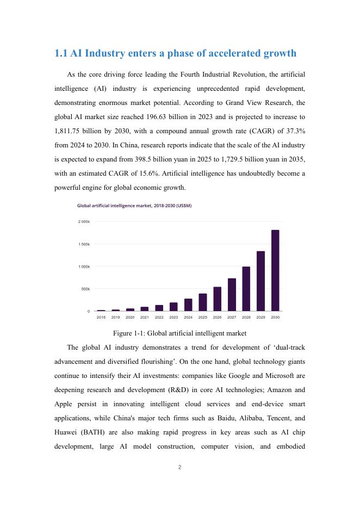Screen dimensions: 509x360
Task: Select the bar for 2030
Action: click(x=275, y=270)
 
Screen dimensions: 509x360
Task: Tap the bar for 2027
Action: click(x=232, y=294)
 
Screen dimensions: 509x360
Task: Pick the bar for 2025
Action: click(x=203, y=302)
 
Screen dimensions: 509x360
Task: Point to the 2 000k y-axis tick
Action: click(x=84, y=222)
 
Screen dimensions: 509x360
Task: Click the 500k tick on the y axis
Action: click(x=85, y=289)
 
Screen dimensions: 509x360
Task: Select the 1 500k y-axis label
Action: click(x=84, y=244)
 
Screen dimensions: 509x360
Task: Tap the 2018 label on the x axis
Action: click(x=101, y=316)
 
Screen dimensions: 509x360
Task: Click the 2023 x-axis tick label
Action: click(x=173, y=316)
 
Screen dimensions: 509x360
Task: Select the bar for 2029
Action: click(x=260, y=281)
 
